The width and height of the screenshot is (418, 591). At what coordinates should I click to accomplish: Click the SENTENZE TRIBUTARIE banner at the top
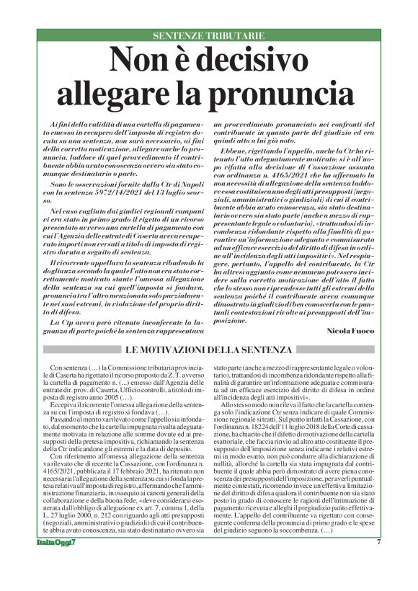(208, 35)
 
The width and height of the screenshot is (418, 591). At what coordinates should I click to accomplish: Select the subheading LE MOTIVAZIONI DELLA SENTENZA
(208, 350)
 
